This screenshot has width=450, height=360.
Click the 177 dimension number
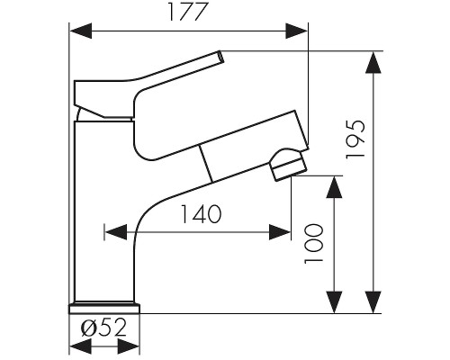click(188, 13)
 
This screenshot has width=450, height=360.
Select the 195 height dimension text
click(355, 139)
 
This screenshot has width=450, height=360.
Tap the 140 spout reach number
click(201, 214)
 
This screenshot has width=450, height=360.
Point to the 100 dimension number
click(314, 244)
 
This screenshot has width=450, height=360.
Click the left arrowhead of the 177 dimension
click(80, 31)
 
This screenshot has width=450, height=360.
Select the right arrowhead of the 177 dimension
click(297, 31)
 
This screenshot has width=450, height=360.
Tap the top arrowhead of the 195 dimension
click(373, 62)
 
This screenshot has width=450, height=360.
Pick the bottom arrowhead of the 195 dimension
click(373, 302)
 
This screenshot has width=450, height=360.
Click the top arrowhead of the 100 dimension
click(334, 187)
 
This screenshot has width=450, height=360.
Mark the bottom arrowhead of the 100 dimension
click(334, 302)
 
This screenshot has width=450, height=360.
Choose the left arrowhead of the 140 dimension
click(115, 232)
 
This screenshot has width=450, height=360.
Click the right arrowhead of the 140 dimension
click(280, 232)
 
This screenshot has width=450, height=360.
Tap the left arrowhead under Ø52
click(80, 346)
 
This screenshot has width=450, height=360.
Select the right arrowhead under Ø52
click(129, 346)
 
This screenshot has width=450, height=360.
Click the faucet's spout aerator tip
click(288, 165)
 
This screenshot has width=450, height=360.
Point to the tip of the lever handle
click(221, 57)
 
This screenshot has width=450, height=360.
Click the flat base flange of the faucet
click(104, 309)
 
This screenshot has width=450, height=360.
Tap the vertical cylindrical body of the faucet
click(104, 211)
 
